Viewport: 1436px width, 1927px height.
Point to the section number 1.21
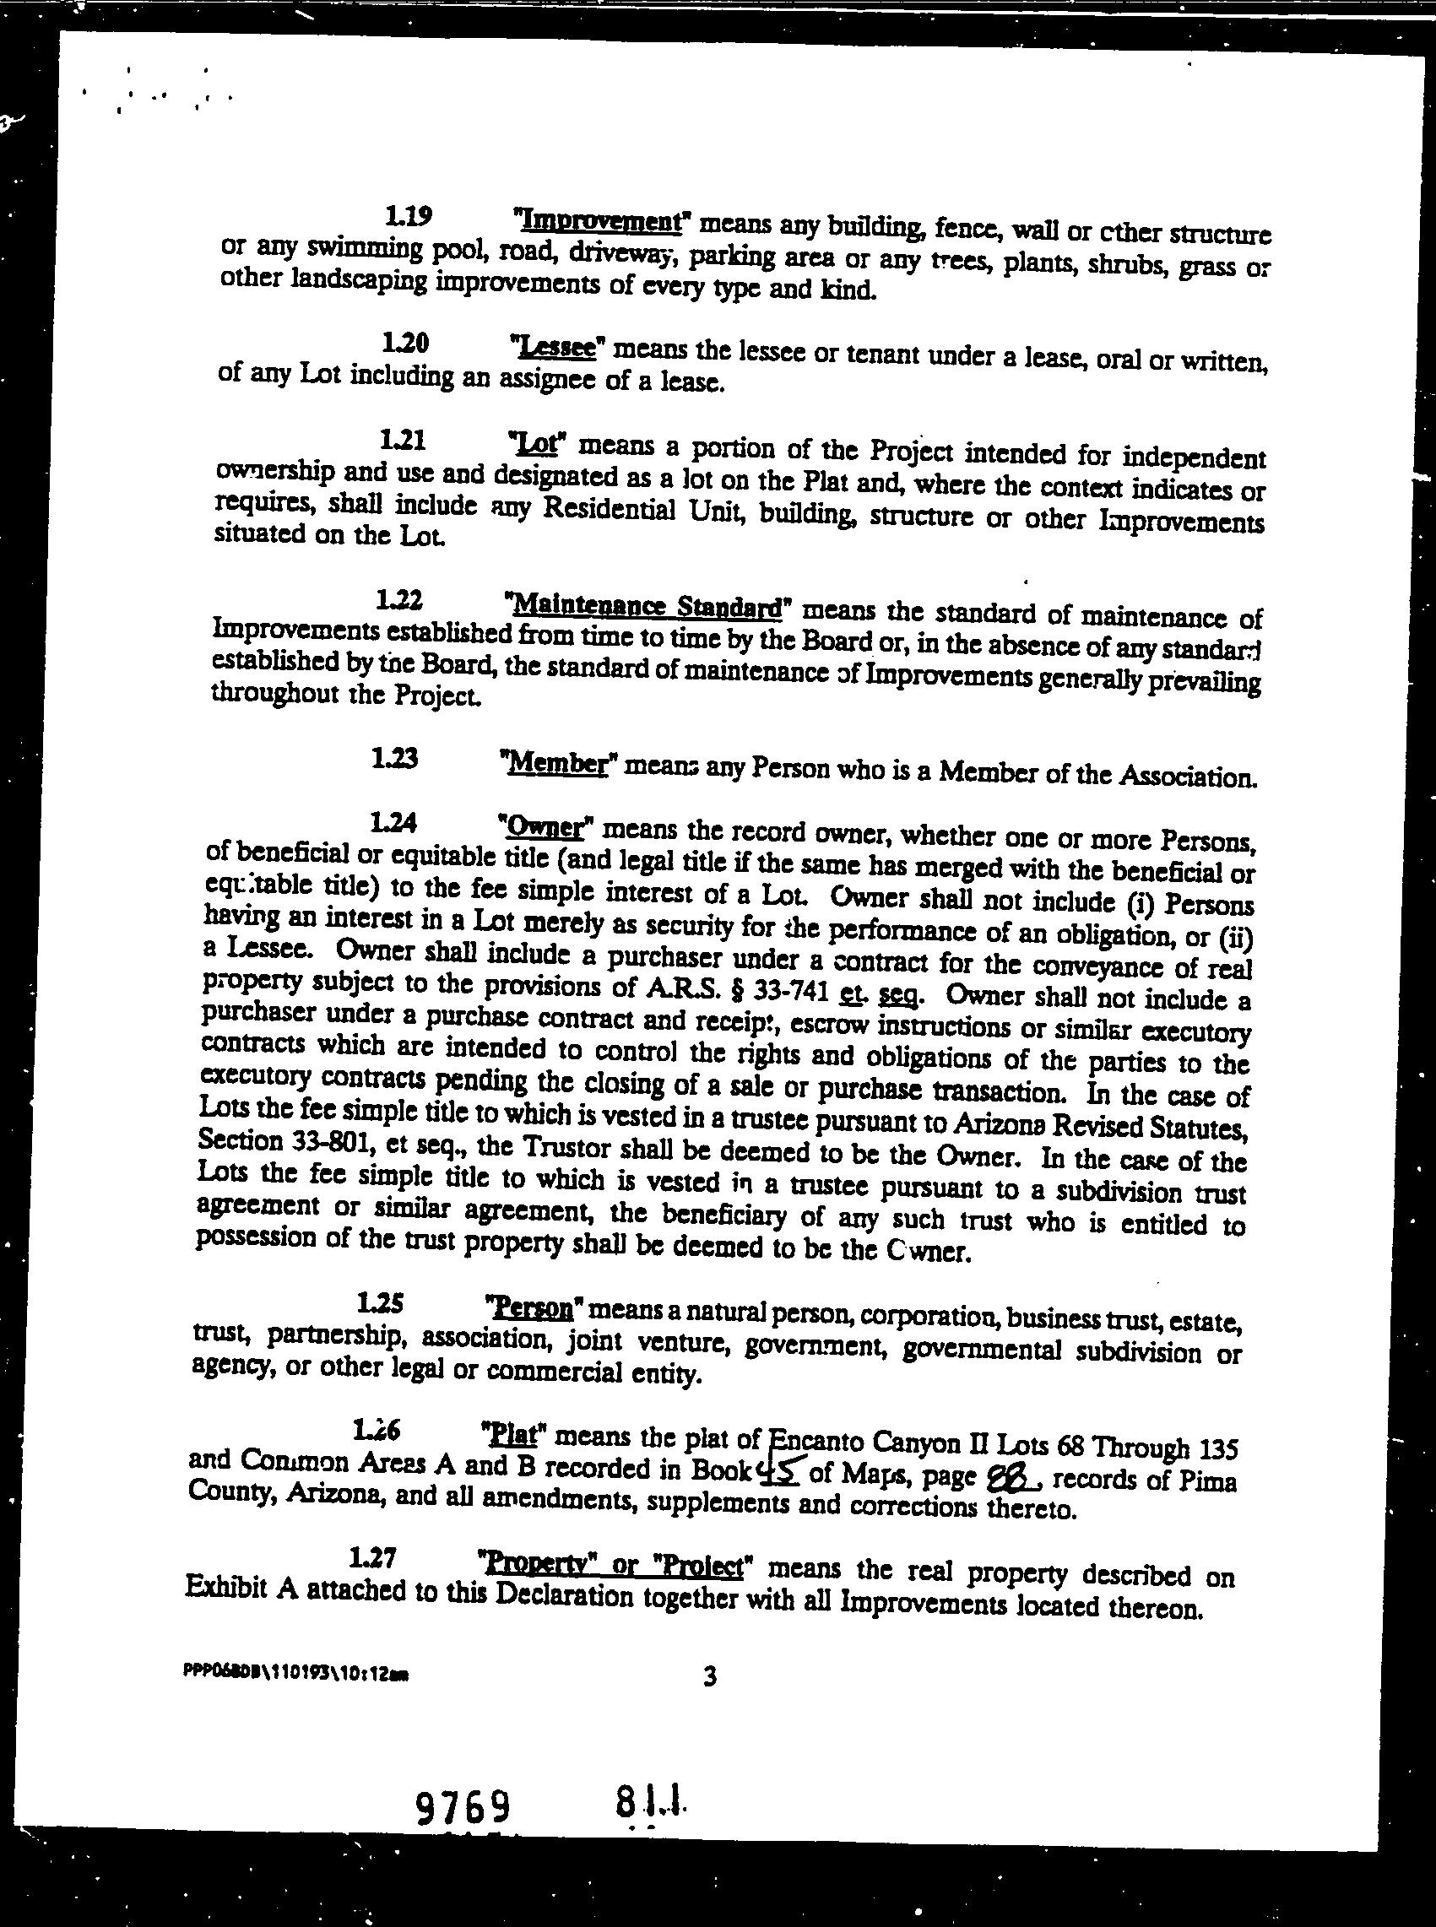[402, 441]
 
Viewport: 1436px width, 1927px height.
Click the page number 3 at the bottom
[709, 1678]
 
